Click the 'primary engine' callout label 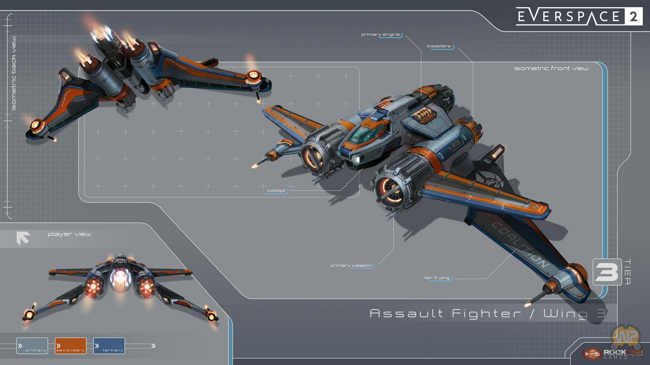[381, 34]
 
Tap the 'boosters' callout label [439, 46]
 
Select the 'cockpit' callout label [276, 191]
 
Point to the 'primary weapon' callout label [351, 266]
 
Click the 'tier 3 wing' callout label [437, 278]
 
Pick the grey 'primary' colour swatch [32, 346]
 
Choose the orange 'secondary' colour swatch [70, 346]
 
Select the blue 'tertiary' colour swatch [109, 346]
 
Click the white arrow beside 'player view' [23, 238]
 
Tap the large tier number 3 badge [607, 272]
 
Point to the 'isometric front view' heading [551, 68]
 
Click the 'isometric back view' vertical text [14, 73]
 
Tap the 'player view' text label [69, 234]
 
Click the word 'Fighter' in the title [486, 314]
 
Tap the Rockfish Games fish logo [592, 354]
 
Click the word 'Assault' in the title [406, 314]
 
